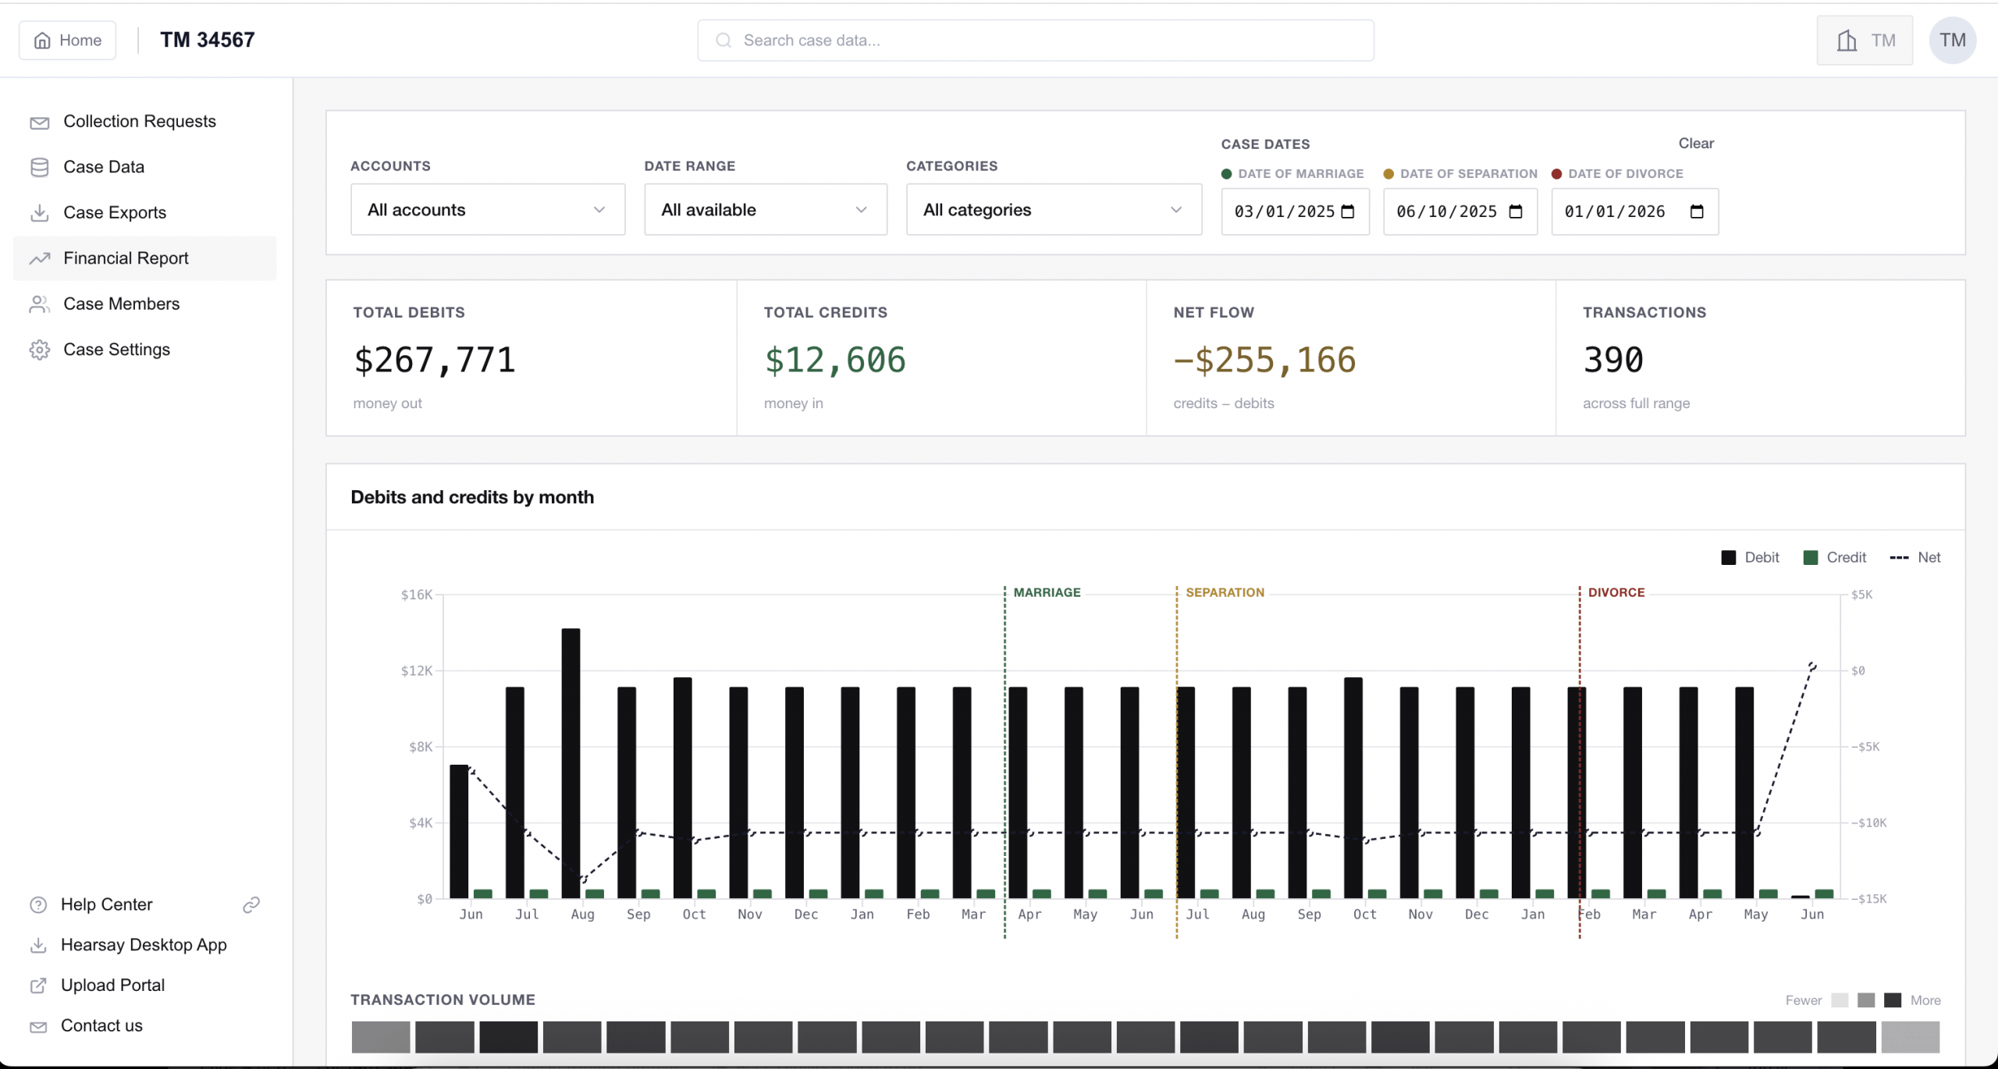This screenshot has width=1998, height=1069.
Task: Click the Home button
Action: click(68, 41)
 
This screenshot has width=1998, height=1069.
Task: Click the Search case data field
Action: click(1036, 41)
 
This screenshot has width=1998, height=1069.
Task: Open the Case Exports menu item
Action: click(115, 213)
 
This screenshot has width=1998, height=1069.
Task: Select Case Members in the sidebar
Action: click(121, 304)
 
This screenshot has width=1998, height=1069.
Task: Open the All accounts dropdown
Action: click(488, 210)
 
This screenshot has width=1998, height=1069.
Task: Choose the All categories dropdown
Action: click(1054, 210)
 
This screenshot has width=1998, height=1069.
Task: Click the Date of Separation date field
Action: click(1460, 211)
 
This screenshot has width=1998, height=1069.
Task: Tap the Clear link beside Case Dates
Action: click(1696, 144)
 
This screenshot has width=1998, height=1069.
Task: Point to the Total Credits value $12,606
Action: click(835, 360)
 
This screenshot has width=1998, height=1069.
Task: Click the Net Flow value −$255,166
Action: click(1264, 360)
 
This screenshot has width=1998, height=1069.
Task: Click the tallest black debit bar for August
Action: click(571, 763)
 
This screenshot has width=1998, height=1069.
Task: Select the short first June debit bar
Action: click(459, 832)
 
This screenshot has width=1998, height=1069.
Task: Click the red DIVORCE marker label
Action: click(1616, 593)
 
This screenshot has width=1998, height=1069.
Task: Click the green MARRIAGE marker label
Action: click(1047, 593)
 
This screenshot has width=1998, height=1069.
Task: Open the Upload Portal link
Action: click(112, 986)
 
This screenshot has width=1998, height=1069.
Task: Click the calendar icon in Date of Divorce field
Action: click(1697, 211)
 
